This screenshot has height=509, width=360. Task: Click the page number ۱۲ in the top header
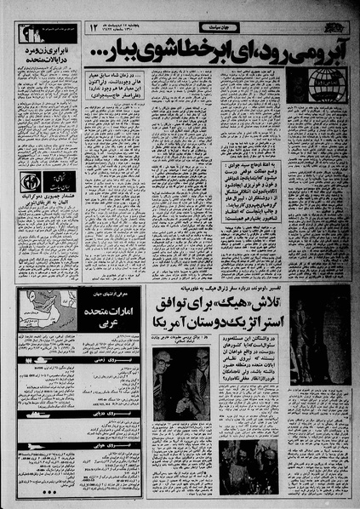[95, 30]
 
